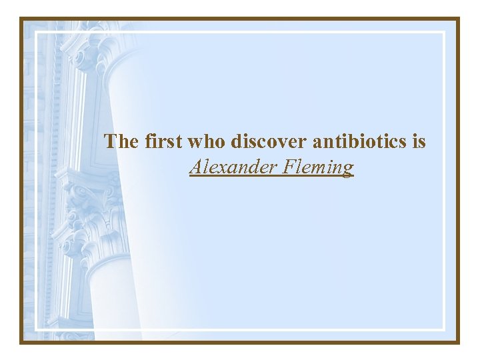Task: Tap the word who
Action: [207, 141]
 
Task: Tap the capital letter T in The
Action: [111, 141]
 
